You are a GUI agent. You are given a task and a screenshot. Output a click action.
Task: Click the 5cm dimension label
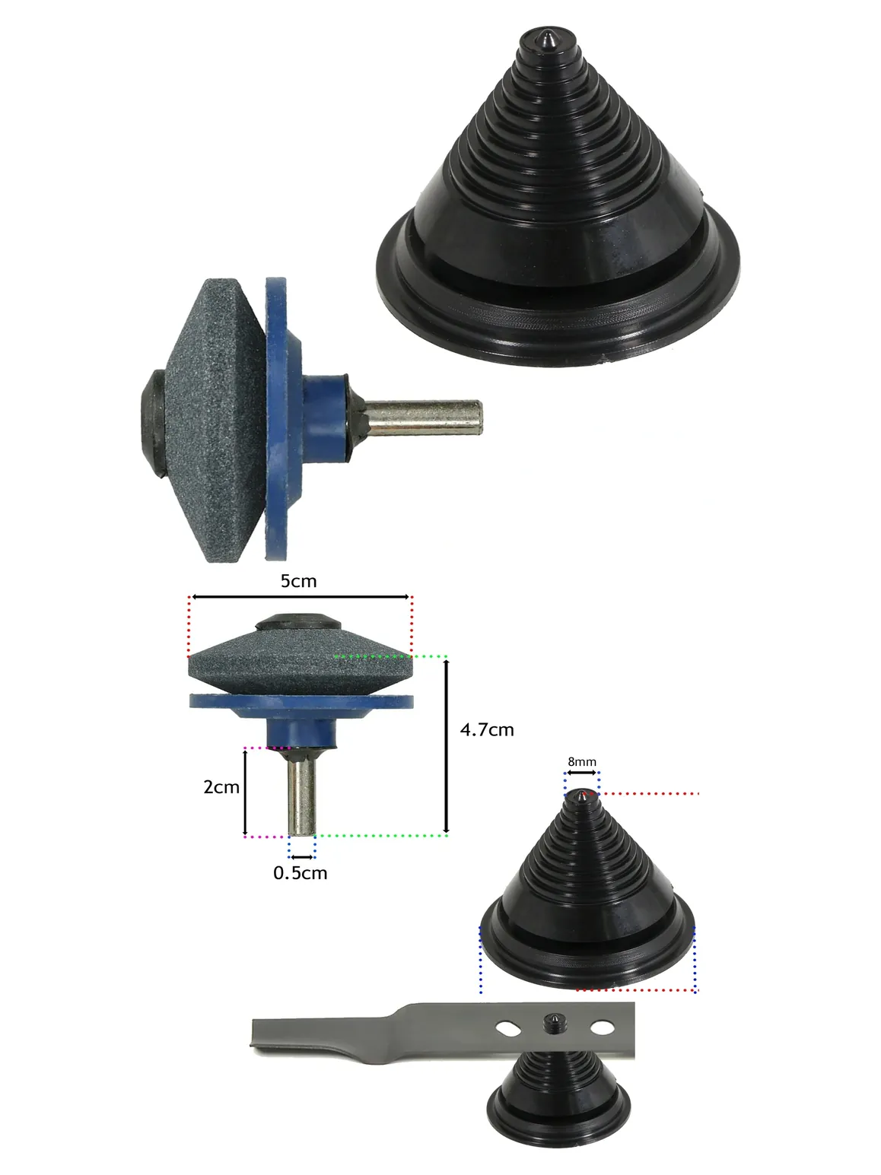(299, 581)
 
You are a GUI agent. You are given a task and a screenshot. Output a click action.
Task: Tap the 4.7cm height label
(487, 729)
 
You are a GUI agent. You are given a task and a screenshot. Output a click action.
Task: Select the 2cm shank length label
(221, 787)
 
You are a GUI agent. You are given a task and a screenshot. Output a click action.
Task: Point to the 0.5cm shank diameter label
(301, 873)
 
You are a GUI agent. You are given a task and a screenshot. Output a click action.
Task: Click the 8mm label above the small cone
(582, 761)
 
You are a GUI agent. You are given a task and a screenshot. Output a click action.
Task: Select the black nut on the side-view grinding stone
(153, 423)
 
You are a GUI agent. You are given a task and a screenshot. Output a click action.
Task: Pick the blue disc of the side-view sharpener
(276, 418)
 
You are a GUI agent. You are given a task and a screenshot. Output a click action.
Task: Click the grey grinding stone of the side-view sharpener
(214, 421)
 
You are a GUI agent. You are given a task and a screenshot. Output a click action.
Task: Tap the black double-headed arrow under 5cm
(301, 596)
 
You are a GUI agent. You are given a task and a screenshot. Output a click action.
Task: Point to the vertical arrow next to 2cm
(245, 792)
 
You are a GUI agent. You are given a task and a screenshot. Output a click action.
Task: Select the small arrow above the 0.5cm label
(302, 857)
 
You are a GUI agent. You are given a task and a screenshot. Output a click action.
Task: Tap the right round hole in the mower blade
(602, 1027)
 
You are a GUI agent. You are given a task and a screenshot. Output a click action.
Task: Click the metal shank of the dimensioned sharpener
(301, 792)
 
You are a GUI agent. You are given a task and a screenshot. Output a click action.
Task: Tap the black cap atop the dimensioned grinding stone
(298, 622)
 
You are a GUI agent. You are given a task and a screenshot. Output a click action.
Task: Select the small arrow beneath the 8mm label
(582, 773)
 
